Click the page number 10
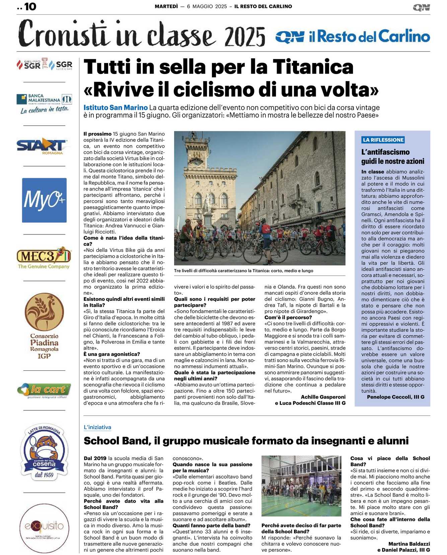[x=30, y=7]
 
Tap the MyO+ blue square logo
[x=44, y=200]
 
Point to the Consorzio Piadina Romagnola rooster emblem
[x=44, y=311]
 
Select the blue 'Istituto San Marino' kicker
[x=116, y=108]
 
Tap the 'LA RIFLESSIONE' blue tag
[x=383, y=140]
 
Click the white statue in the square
[x=208, y=203]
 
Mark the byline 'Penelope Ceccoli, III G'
[x=395, y=397]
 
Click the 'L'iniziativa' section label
[x=97, y=427]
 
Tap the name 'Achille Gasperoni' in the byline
[x=323, y=397]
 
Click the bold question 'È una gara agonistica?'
[x=112, y=354]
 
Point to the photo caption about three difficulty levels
[x=244, y=271]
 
